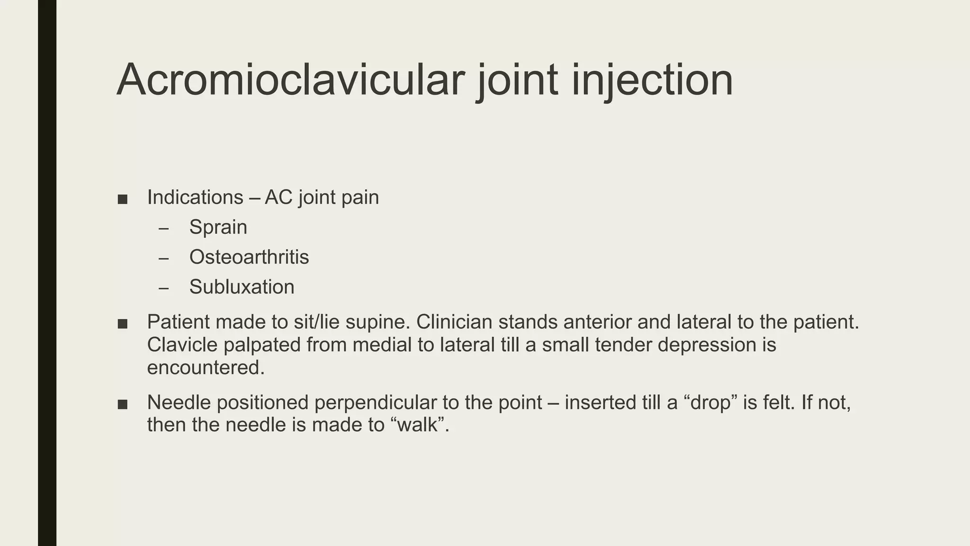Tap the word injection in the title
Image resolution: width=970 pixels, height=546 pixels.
pos(652,81)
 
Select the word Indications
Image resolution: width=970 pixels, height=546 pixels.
pos(195,197)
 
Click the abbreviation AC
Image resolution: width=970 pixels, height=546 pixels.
pos(278,197)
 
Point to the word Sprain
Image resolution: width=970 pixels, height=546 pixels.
pos(218,227)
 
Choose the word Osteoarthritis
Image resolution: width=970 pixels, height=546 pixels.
pos(249,257)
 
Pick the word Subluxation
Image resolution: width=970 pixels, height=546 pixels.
pos(242,287)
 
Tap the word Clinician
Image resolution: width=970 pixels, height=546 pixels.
pos(454,322)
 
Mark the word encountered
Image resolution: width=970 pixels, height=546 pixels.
pos(206,367)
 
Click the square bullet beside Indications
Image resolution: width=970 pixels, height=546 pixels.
pos(123,199)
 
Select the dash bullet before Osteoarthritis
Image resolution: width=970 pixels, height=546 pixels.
pos(164,258)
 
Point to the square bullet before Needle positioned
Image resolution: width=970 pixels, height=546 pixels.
pos(123,404)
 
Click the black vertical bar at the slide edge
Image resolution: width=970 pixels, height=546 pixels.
pos(47,273)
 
